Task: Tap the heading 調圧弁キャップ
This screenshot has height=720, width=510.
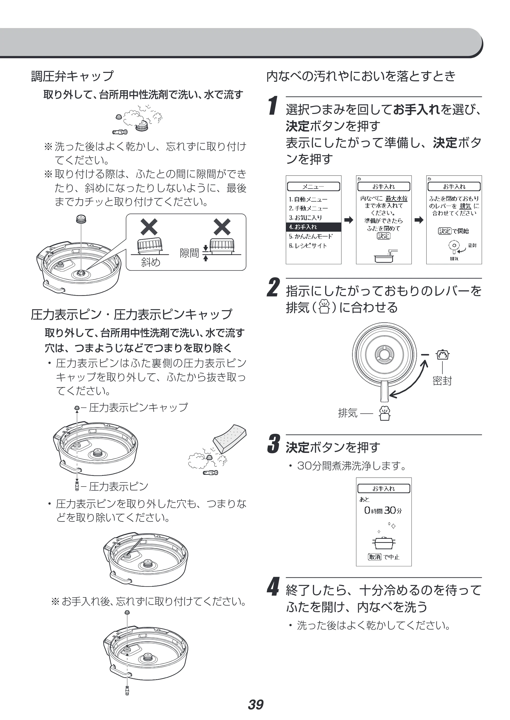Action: click(72, 76)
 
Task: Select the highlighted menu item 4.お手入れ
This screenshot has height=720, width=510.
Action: click(313, 227)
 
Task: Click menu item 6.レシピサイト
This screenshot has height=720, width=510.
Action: click(308, 246)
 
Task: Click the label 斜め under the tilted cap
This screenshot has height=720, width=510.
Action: click(151, 262)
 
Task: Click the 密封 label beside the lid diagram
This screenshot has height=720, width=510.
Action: click(442, 381)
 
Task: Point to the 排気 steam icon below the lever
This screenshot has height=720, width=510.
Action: click(385, 413)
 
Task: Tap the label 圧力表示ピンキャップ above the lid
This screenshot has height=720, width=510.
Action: click(138, 407)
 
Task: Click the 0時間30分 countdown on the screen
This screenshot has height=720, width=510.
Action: click(383, 510)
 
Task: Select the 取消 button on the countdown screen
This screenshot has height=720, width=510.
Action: click(374, 557)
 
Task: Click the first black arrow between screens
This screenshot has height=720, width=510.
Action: click(349, 220)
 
